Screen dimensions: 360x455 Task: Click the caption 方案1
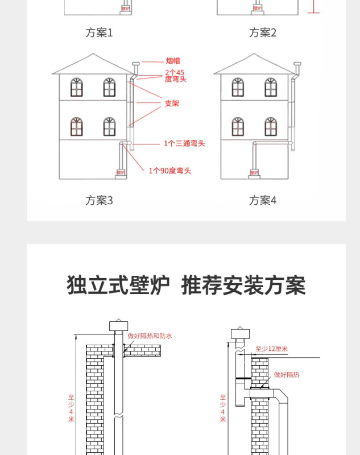click(99, 32)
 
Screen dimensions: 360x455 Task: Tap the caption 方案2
click(262, 32)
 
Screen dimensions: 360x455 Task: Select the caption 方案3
click(99, 200)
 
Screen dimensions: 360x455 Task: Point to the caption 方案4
click(262, 200)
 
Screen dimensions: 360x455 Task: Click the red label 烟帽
click(173, 61)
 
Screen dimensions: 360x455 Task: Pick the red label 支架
click(172, 104)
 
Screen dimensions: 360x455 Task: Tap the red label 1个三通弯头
click(184, 143)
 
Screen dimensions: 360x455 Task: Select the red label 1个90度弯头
click(169, 171)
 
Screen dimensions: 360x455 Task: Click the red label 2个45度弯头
click(175, 76)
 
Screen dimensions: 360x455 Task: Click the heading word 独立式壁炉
click(118, 285)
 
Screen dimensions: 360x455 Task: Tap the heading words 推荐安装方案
click(243, 285)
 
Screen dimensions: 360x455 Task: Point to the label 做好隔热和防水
click(150, 336)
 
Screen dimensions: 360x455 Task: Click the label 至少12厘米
click(271, 349)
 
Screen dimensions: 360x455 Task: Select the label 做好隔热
click(286, 374)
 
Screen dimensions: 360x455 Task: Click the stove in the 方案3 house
click(121, 172)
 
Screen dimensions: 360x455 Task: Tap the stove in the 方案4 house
click(254, 172)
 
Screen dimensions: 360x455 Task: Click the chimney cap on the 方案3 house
click(135, 64)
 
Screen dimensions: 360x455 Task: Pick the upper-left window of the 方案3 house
click(77, 87)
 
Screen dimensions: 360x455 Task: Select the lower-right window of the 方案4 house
click(271, 126)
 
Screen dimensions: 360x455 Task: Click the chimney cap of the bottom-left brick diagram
click(118, 326)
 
